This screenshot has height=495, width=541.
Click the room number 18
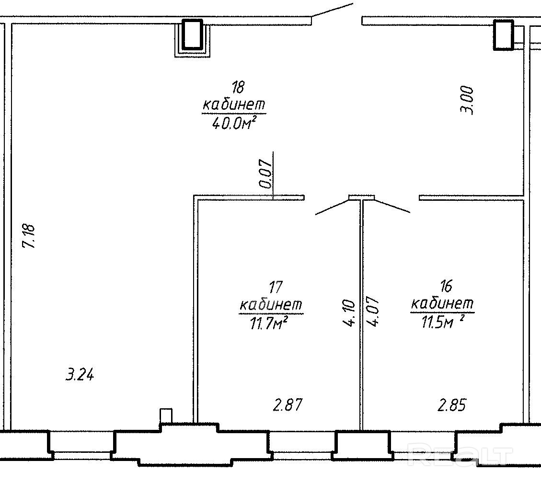(238, 88)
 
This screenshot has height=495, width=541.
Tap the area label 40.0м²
(232, 124)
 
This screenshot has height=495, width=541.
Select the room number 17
(275, 288)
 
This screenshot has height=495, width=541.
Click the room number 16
(446, 287)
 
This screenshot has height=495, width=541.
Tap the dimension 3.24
(80, 375)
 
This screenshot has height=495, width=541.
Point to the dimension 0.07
(265, 173)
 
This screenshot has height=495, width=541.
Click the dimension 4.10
(349, 313)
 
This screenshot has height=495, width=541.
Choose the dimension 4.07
(373, 312)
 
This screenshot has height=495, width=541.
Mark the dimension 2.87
(288, 405)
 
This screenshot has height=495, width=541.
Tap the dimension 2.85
(451, 406)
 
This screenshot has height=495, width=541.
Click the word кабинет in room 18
(234, 104)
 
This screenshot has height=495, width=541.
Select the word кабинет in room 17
(270, 305)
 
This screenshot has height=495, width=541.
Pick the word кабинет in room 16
(442, 303)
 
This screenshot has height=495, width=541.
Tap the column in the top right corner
(504, 35)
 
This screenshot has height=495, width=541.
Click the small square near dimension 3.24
(166, 415)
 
